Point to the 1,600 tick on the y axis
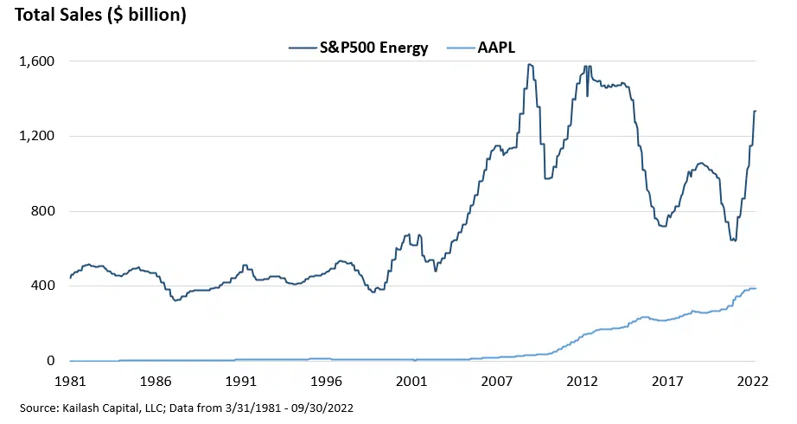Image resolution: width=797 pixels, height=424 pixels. (36, 61)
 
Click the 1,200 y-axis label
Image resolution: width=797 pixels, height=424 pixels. (36, 136)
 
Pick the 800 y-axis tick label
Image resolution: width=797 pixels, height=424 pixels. (42, 211)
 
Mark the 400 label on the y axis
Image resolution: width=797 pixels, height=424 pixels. (42, 286)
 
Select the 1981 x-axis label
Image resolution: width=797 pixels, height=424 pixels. (70, 380)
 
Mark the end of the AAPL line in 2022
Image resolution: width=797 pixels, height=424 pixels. (756, 288)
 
